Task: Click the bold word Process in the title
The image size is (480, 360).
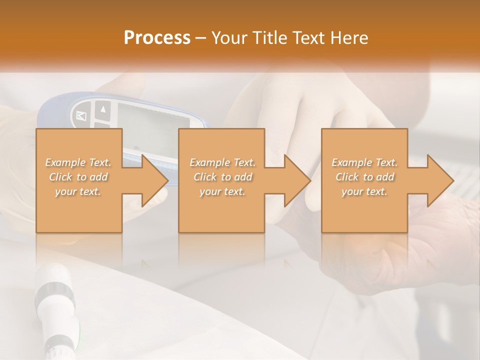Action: (x=157, y=37)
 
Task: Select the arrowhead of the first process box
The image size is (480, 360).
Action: (x=153, y=180)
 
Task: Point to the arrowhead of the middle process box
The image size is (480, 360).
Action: (x=295, y=180)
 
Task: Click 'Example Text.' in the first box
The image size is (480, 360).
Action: (x=78, y=162)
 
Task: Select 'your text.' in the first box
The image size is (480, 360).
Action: (x=78, y=191)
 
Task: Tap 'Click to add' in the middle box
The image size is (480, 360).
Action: (x=222, y=177)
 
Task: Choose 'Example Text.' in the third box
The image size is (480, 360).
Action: (x=364, y=162)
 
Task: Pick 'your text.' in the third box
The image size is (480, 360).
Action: (x=364, y=191)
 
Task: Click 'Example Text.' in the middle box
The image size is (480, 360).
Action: (x=222, y=162)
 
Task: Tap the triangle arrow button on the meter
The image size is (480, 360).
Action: (x=103, y=109)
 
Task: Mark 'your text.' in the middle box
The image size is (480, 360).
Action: (x=222, y=191)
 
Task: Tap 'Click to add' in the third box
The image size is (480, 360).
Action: (x=364, y=177)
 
